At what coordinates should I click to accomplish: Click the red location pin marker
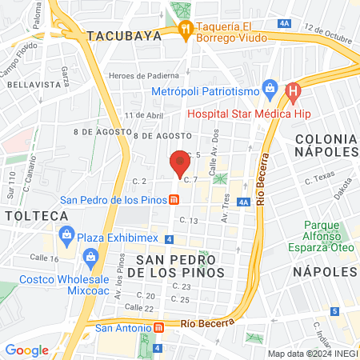click(180, 162)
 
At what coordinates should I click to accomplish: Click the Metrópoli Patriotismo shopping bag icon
click(269, 87)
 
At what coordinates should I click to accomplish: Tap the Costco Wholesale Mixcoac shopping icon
click(89, 258)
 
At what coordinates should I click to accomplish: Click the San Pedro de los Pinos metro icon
click(173, 200)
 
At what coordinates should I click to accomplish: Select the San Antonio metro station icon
click(158, 327)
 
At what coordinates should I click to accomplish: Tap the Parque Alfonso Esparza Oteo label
click(326, 237)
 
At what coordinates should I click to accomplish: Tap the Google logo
click(26, 350)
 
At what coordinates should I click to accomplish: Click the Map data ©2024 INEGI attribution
click(311, 354)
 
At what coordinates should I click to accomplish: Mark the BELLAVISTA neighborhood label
click(34, 83)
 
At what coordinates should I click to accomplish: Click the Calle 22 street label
click(139, 307)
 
